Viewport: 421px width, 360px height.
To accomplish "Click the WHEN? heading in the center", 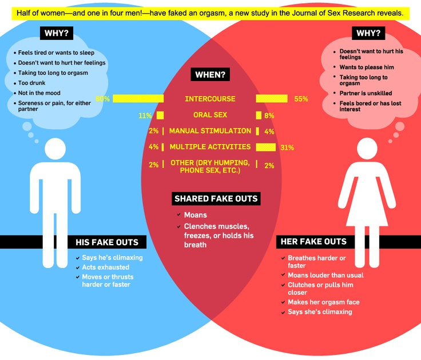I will (x=210, y=75).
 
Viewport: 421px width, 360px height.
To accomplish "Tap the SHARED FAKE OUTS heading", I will (x=216, y=199).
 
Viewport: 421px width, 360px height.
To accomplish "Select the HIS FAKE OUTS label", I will (x=107, y=242).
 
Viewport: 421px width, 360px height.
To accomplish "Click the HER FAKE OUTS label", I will (x=313, y=242).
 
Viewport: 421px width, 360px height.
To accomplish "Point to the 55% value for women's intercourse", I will (x=301, y=99).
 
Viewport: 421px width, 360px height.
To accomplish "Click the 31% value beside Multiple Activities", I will (x=287, y=147).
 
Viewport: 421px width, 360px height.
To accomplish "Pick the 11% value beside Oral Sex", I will (x=145, y=115).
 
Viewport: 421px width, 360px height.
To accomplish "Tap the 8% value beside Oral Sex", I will (x=269, y=115).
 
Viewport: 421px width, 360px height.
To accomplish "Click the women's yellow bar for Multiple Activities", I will (x=265, y=147).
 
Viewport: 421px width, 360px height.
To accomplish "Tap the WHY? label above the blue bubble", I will (x=56, y=33).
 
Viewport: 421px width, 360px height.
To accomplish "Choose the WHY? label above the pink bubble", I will (x=368, y=33).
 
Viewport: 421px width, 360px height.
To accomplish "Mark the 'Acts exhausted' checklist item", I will (x=105, y=267).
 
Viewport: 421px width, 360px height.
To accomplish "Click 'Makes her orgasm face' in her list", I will (x=323, y=302).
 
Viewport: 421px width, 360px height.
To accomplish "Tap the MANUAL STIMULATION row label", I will (x=210, y=131).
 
